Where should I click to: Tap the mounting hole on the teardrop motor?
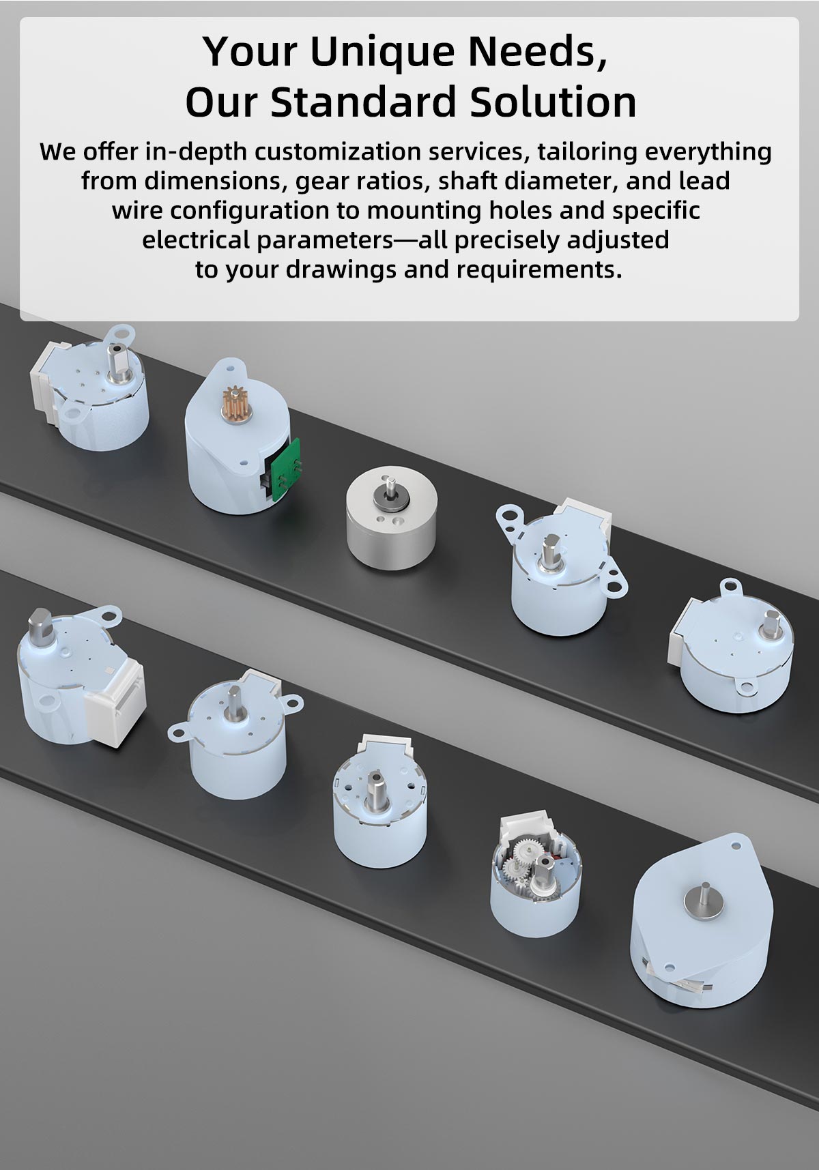pyautogui.click(x=736, y=845)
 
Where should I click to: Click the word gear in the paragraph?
pyautogui.click(x=317, y=182)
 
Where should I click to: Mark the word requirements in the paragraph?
pyautogui.click(x=538, y=269)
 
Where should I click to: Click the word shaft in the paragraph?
pyautogui.click(x=469, y=181)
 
